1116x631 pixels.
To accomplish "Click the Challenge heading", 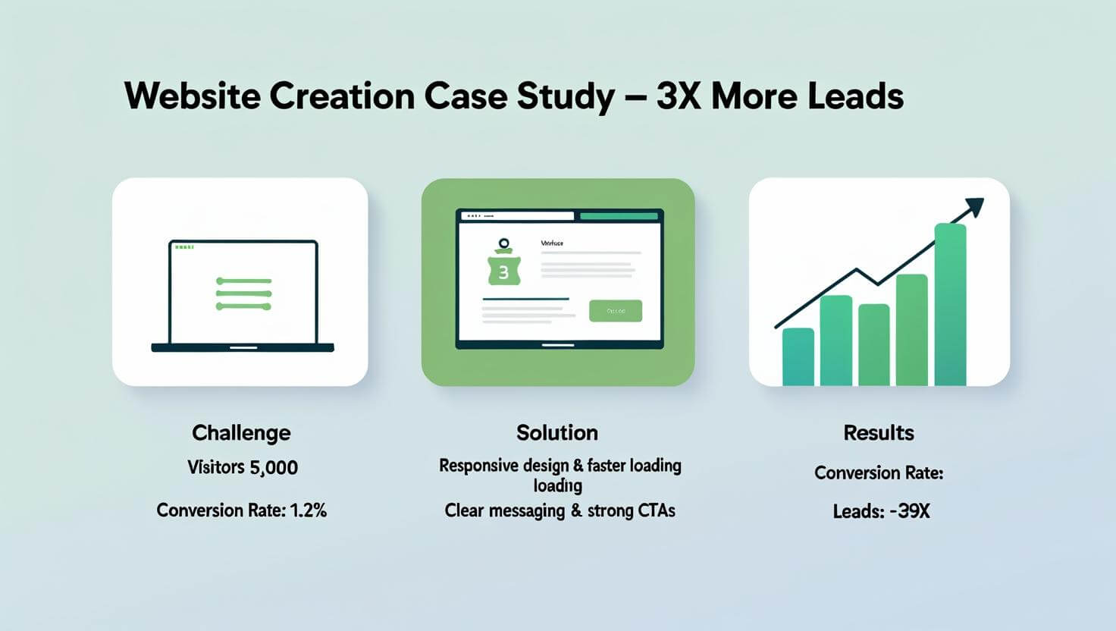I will [x=241, y=433].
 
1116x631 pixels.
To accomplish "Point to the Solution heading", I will [x=557, y=433].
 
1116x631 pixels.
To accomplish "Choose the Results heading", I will [x=879, y=433].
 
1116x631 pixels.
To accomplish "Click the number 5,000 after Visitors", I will [x=274, y=467].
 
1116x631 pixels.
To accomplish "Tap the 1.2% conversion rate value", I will [x=308, y=510].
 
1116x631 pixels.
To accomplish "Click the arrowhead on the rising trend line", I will [x=973, y=206].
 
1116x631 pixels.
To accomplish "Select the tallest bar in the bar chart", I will [x=950, y=305].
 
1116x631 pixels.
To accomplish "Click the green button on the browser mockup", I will [x=616, y=311].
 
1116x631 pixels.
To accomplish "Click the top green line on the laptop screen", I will [x=243, y=281].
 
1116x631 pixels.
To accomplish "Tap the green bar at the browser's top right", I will [x=619, y=216].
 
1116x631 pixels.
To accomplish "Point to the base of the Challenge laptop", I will [x=243, y=348].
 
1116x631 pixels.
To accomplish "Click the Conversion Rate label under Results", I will [x=879, y=473].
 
